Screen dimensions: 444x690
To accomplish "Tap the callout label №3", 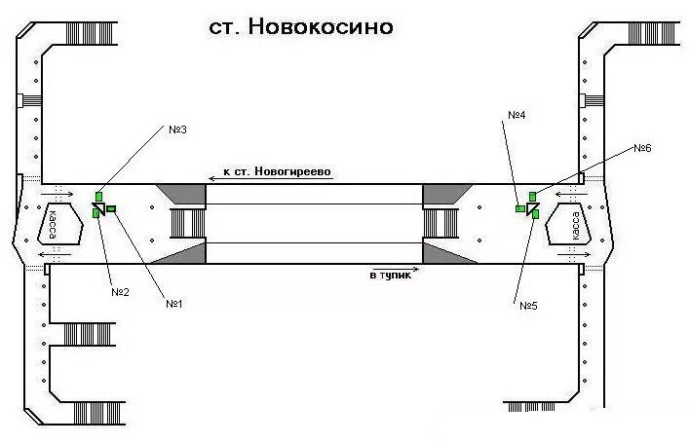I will (x=177, y=129).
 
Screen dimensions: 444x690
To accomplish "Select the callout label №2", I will (x=120, y=291).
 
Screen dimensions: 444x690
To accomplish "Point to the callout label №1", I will (x=175, y=304).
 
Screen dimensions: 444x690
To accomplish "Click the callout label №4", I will (x=517, y=115).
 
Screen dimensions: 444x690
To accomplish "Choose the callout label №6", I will (x=641, y=148).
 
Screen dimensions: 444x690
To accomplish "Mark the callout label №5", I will (x=528, y=306).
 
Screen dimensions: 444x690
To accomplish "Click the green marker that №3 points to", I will (x=98, y=197).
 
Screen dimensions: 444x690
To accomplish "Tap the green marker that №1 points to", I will (x=110, y=207).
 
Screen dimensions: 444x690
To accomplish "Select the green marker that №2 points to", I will (x=96, y=211).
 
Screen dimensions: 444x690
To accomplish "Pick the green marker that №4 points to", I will (x=520, y=207).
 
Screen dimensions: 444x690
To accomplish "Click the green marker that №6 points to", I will (x=532, y=197).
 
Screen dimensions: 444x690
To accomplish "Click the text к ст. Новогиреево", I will (x=278, y=171).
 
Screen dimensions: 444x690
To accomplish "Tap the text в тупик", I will (x=391, y=276).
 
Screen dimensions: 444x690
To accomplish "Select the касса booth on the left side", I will (x=55, y=223).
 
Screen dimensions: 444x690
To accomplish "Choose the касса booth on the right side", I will (x=575, y=225).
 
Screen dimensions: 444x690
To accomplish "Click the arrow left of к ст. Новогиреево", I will (x=214, y=178).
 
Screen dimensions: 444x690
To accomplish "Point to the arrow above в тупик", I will (x=385, y=264).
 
